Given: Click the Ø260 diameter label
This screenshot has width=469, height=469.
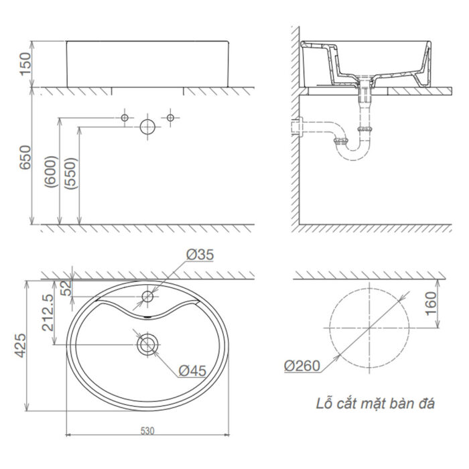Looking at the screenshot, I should [x=300, y=366].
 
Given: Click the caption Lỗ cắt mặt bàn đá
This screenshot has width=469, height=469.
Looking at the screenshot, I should [x=375, y=404].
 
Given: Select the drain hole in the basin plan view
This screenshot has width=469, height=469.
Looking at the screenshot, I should [x=147, y=345].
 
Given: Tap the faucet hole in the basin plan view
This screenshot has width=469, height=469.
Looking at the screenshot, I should [x=147, y=296].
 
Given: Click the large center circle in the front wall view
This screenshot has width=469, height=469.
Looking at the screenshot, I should [x=147, y=127].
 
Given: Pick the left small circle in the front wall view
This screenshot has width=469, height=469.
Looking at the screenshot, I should [x=124, y=118].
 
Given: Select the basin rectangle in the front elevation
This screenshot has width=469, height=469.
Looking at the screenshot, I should [x=147, y=64].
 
